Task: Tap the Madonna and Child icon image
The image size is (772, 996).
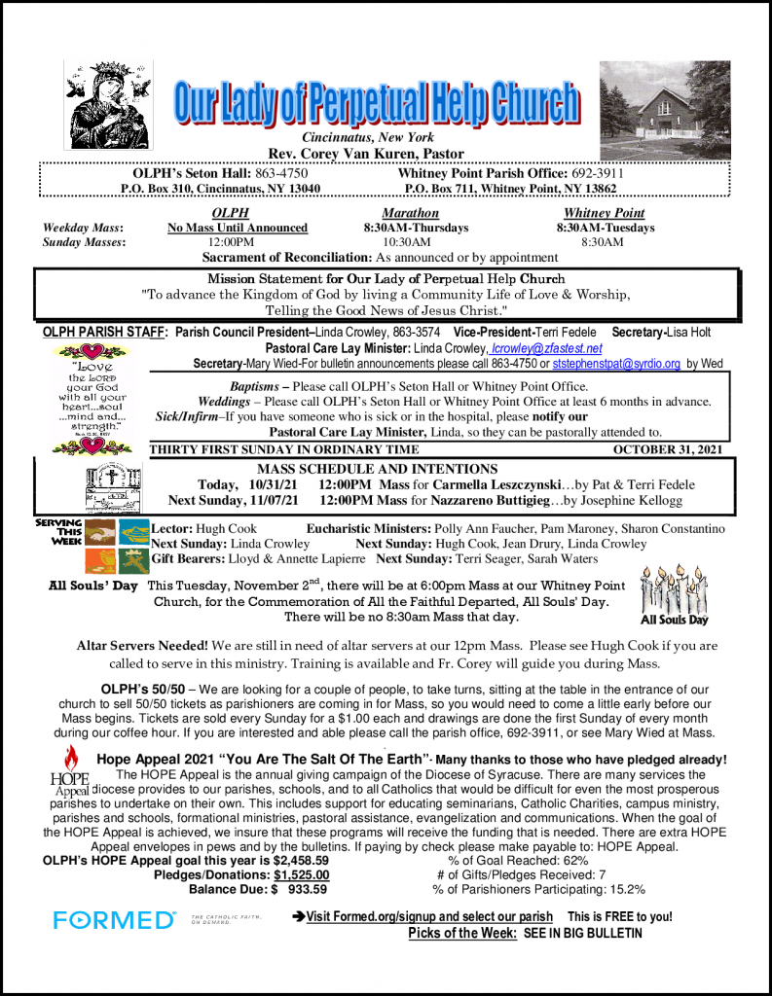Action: tap(108, 104)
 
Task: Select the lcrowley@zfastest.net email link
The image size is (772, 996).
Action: tap(547, 348)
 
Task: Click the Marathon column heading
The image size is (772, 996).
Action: tap(410, 213)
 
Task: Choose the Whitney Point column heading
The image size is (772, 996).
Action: tap(604, 213)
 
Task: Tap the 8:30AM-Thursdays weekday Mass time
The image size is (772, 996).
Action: tap(410, 228)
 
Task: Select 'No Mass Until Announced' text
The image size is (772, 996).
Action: tap(238, 228)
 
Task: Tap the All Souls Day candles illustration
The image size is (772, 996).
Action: tap(674, 593)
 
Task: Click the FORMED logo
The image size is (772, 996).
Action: tap(114, 919)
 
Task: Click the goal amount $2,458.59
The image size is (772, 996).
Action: tap(301, 860)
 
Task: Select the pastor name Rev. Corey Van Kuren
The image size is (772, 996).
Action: tap(366, 154)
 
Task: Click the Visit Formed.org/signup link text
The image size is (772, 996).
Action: tap(428, 916)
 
